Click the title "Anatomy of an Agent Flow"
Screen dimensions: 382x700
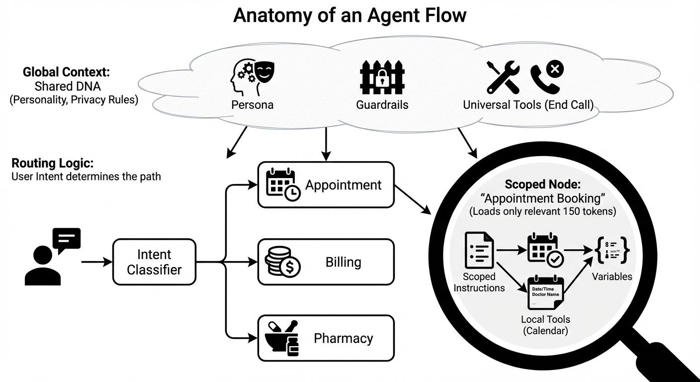point(350,15)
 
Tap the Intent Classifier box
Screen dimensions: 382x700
point(154,262)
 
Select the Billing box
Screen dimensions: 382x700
point(326,262)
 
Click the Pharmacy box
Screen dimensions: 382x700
point(326,338)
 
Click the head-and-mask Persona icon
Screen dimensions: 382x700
point(253,78)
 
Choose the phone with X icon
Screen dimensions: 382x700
point(547,77)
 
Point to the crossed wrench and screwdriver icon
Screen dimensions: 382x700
point(503,78)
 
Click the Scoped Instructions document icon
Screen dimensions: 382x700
point(479,250)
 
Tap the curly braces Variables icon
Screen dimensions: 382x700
point(612,250)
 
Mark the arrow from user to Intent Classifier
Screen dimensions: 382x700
point(96,262)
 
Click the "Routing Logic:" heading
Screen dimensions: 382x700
point(52,164)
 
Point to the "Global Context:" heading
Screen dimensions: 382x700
point(66,72)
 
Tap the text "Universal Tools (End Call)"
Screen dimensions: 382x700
point(528,105)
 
